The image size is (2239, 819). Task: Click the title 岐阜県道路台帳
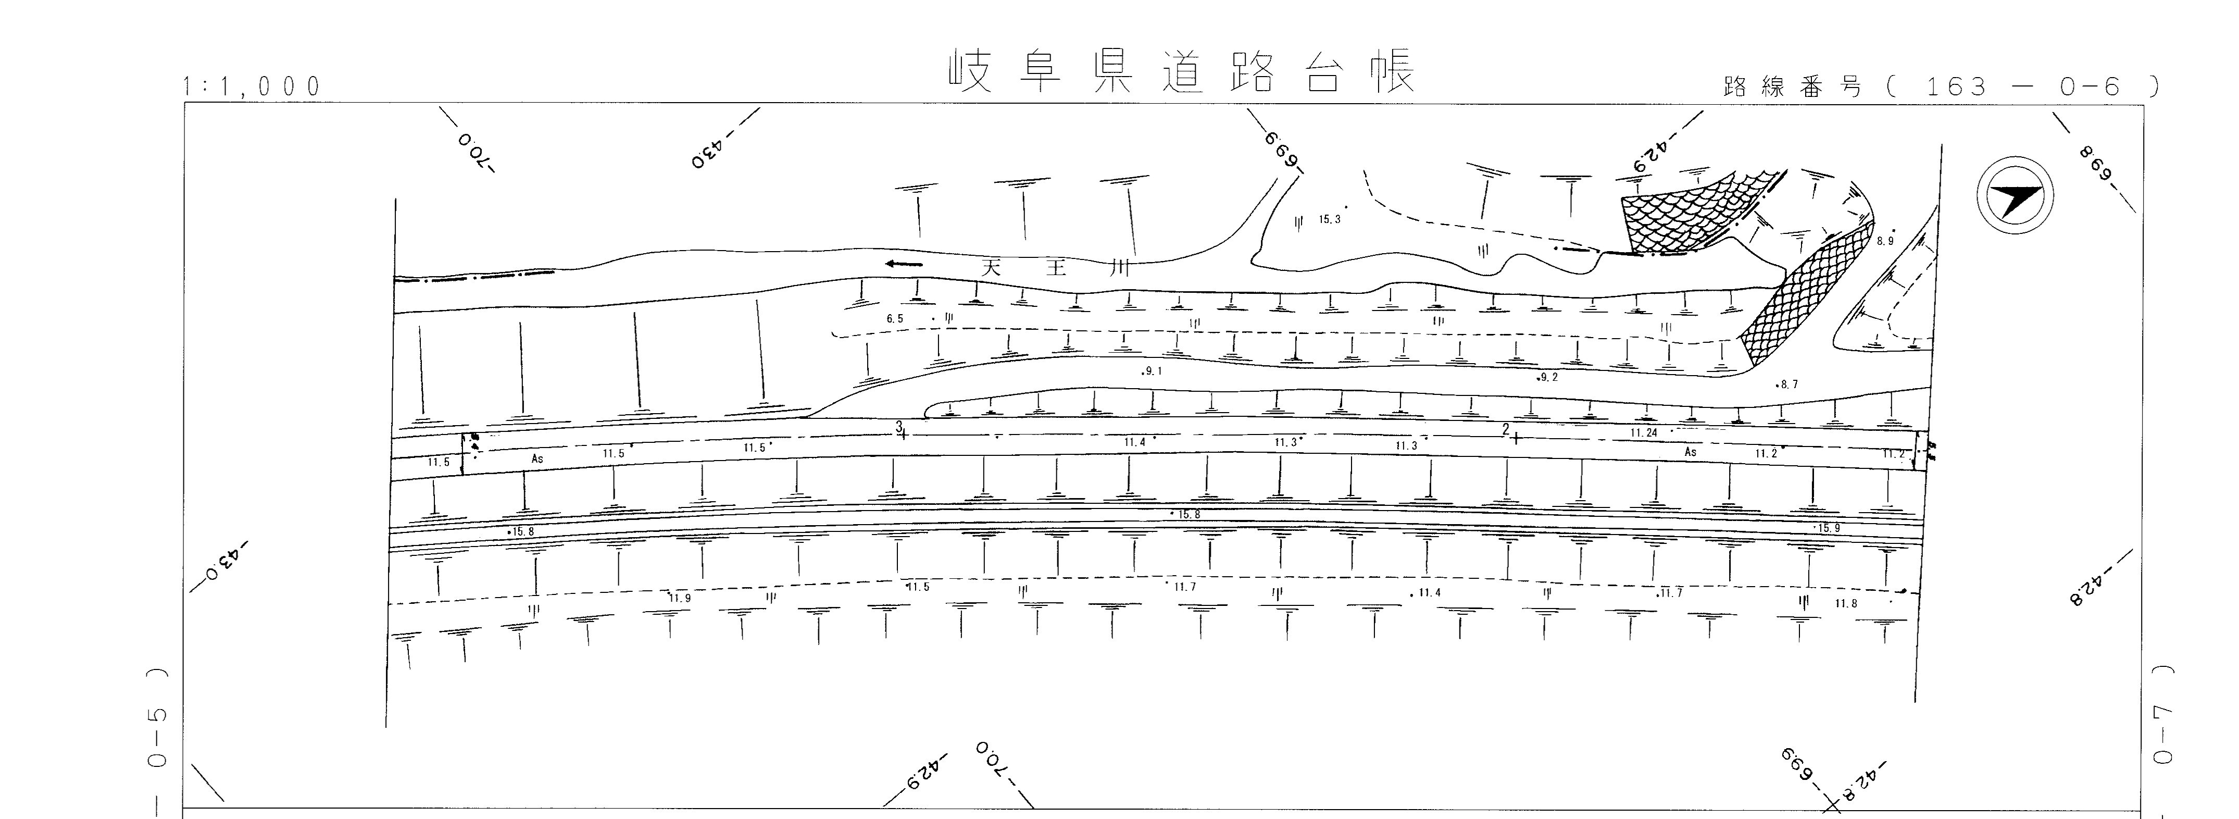pos(1182,73)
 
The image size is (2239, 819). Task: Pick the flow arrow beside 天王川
pos(904,264)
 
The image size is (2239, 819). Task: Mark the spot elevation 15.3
pos(1330,220)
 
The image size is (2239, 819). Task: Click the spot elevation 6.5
pos(895,319)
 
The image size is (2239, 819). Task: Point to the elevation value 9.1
pos(1154,371)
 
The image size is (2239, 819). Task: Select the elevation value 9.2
pos(1549,377)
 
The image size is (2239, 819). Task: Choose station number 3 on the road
pos(899,427)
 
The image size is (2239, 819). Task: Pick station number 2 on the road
pos(1505,429)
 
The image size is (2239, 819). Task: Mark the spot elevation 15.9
pos(1829,528)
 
